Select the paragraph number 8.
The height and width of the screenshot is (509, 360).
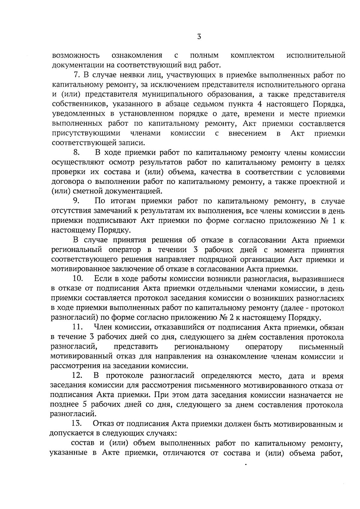(x=76, y=153)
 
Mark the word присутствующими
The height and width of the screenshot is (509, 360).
(x=87, y=133)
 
